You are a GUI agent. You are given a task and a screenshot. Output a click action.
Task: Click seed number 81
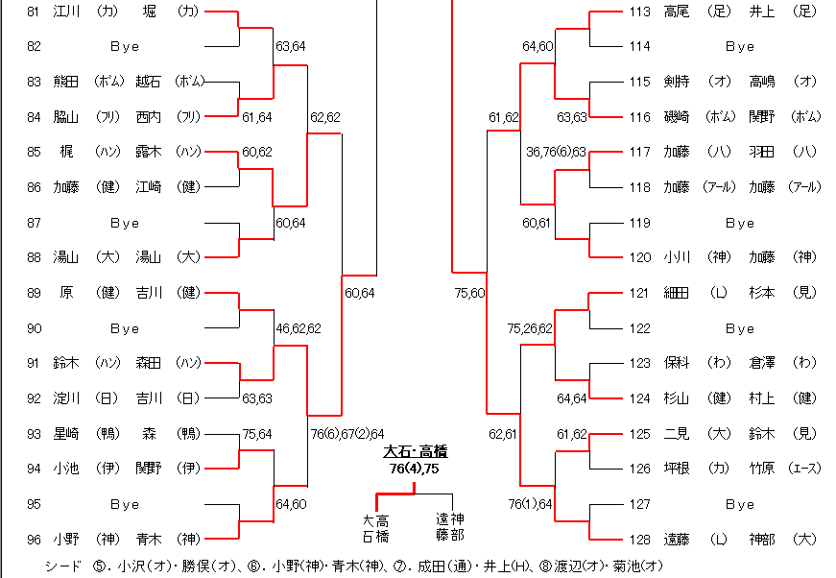click(35, 12)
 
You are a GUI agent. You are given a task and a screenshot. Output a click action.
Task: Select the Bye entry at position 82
click(124, 46)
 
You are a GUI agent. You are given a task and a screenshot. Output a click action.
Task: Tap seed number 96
click(35, 539)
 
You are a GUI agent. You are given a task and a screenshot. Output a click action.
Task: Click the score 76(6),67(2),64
click(346, 434)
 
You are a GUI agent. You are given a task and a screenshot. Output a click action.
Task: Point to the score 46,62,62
click(299, 328)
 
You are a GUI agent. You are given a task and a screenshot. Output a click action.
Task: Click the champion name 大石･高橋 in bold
click(416, 451)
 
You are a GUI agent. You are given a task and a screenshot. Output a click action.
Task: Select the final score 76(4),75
click(415, 469)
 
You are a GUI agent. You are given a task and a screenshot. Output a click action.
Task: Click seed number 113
click(639, 12)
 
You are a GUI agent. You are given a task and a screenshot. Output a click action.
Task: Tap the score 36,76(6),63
click(556, 152)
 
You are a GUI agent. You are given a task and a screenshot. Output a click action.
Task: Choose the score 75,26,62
click(530, 328)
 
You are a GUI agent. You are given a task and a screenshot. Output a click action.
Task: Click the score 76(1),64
click(530, 504)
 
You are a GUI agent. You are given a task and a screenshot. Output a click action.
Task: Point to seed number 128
click(639, 539)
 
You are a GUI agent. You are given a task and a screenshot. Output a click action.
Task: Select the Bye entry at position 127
click(739, 504)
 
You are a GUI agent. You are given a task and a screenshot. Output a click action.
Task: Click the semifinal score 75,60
click(469, 293)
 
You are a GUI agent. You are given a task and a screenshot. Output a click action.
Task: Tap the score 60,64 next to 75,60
click(359, 293)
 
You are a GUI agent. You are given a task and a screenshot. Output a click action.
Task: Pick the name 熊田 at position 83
click(66, 82)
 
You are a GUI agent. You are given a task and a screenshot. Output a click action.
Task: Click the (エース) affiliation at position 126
click(805, 469)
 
